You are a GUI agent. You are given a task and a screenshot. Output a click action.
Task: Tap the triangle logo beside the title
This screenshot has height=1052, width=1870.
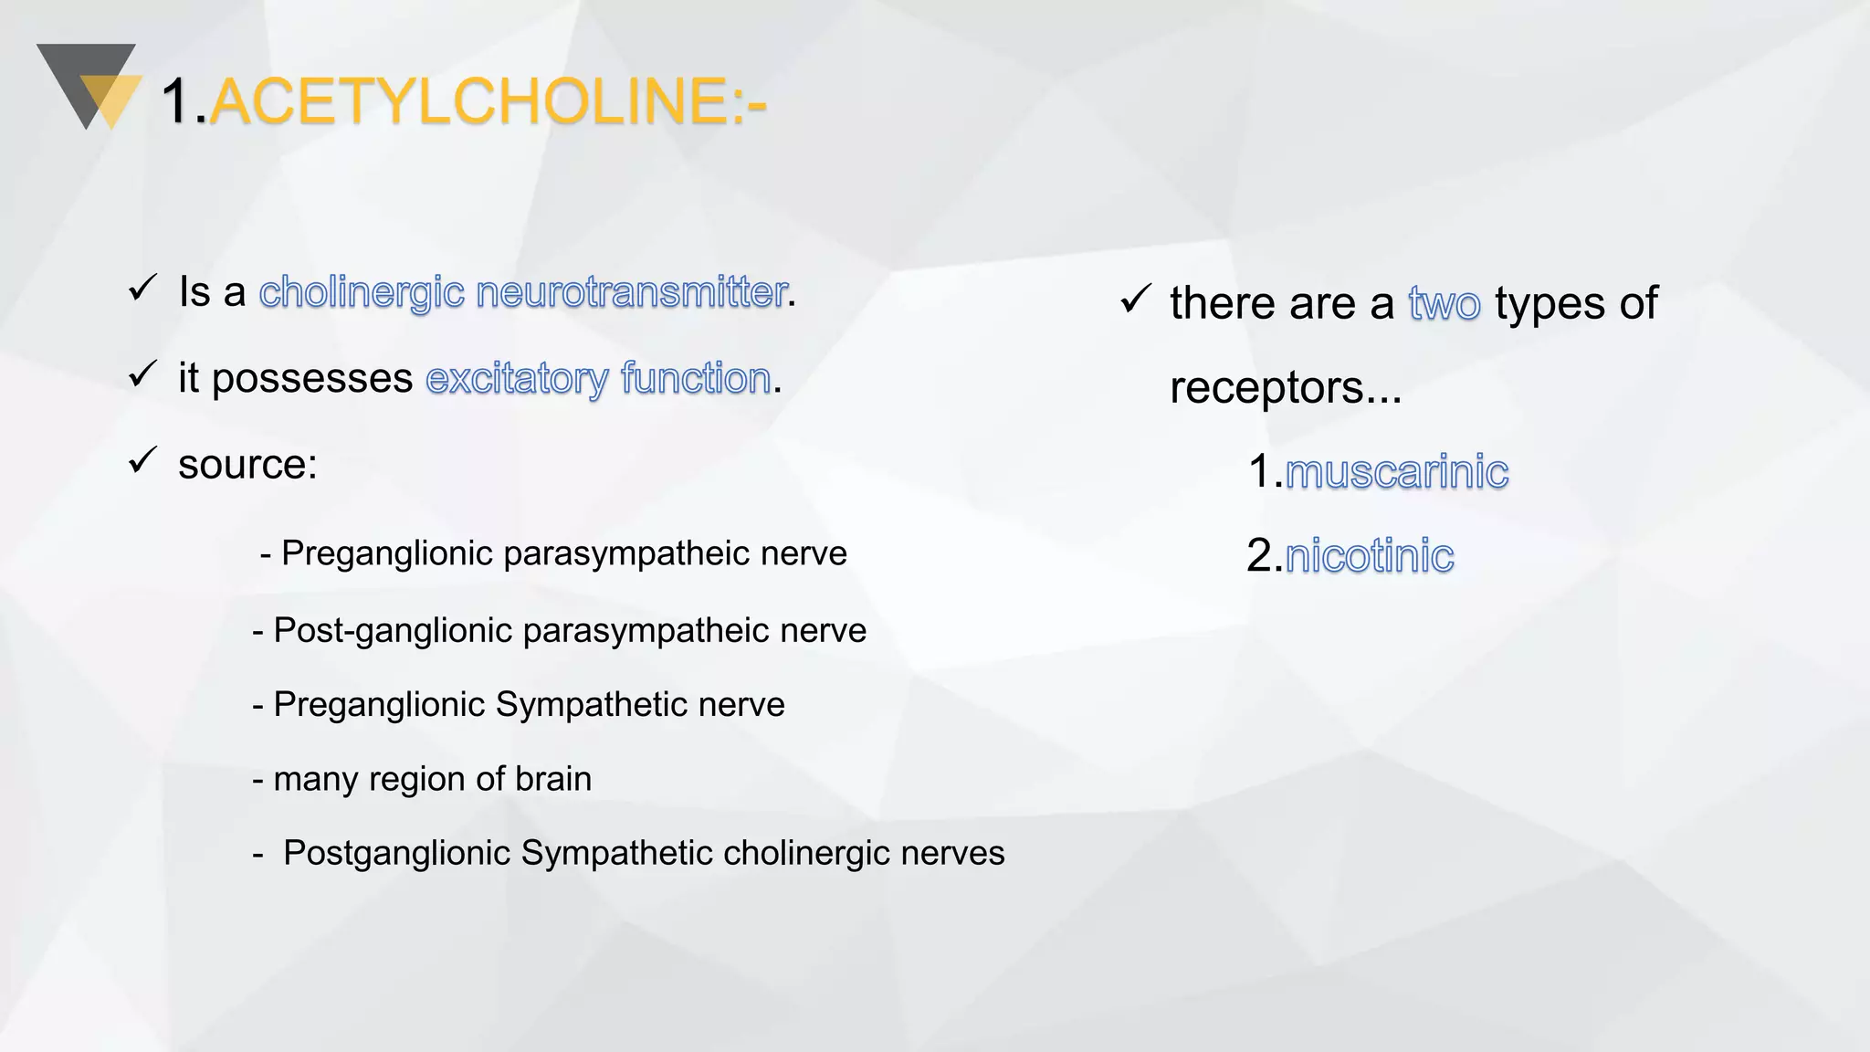coord(89,87)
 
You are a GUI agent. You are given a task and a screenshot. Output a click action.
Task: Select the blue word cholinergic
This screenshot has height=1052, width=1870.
coord(362,292)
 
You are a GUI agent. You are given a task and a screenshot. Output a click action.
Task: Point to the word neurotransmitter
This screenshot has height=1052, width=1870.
coord(632,292)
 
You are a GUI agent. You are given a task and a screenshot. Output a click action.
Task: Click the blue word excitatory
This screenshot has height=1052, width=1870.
coord(517,379)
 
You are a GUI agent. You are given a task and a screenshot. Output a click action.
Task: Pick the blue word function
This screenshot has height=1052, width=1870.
coord(696,379)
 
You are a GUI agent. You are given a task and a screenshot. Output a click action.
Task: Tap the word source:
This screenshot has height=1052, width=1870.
coord(247,465)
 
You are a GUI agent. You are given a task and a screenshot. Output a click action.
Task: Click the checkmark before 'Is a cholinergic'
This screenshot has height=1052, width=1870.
coord(143,288)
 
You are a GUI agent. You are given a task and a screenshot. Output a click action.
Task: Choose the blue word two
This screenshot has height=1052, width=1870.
coord(1444,304)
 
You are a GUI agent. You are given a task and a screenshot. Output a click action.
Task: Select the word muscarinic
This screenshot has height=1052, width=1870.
coord(1396,472)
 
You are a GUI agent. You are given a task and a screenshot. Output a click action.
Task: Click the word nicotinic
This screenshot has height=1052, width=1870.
coord(1369,556)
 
